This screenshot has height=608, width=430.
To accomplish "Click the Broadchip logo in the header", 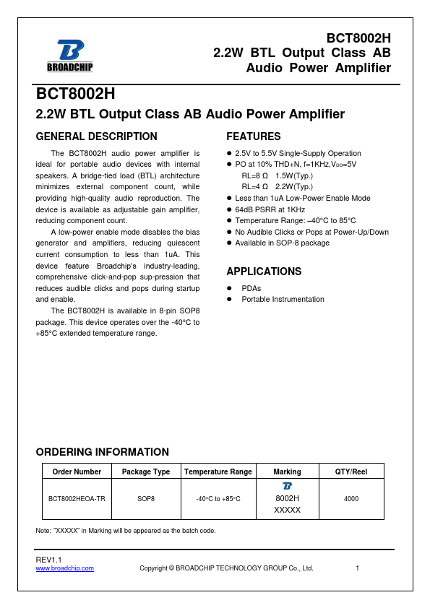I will [70, 55].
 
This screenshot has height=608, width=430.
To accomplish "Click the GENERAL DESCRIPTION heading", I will [96, 136].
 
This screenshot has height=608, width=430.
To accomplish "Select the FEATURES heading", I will [254, 136].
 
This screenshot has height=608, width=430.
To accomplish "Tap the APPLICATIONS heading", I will [264, 272].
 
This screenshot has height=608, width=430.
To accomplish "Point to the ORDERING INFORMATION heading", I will [102, 452].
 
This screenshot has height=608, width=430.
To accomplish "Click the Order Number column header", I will [77, 472].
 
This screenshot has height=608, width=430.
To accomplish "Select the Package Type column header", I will [146, 472].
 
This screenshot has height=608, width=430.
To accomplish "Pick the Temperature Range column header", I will [218, 472].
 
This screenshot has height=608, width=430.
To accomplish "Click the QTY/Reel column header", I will [351, 472].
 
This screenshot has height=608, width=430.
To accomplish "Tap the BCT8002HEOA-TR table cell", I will [77, 499].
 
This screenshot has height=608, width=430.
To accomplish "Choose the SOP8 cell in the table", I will [146, 499].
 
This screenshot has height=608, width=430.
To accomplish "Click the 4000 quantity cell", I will [351, 499].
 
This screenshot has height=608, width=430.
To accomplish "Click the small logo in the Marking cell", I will [287, 486].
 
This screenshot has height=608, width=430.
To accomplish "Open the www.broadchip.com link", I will [65, 568].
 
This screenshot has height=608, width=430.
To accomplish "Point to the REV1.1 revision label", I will [49, 560].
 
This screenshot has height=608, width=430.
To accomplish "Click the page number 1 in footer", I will [358, 568].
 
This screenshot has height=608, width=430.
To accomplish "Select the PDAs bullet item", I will [252, 287].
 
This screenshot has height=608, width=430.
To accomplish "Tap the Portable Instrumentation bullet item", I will [283, 299].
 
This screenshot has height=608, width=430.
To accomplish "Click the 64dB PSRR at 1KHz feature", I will [272, 209].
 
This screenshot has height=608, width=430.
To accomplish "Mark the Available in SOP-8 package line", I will [282, 243].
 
